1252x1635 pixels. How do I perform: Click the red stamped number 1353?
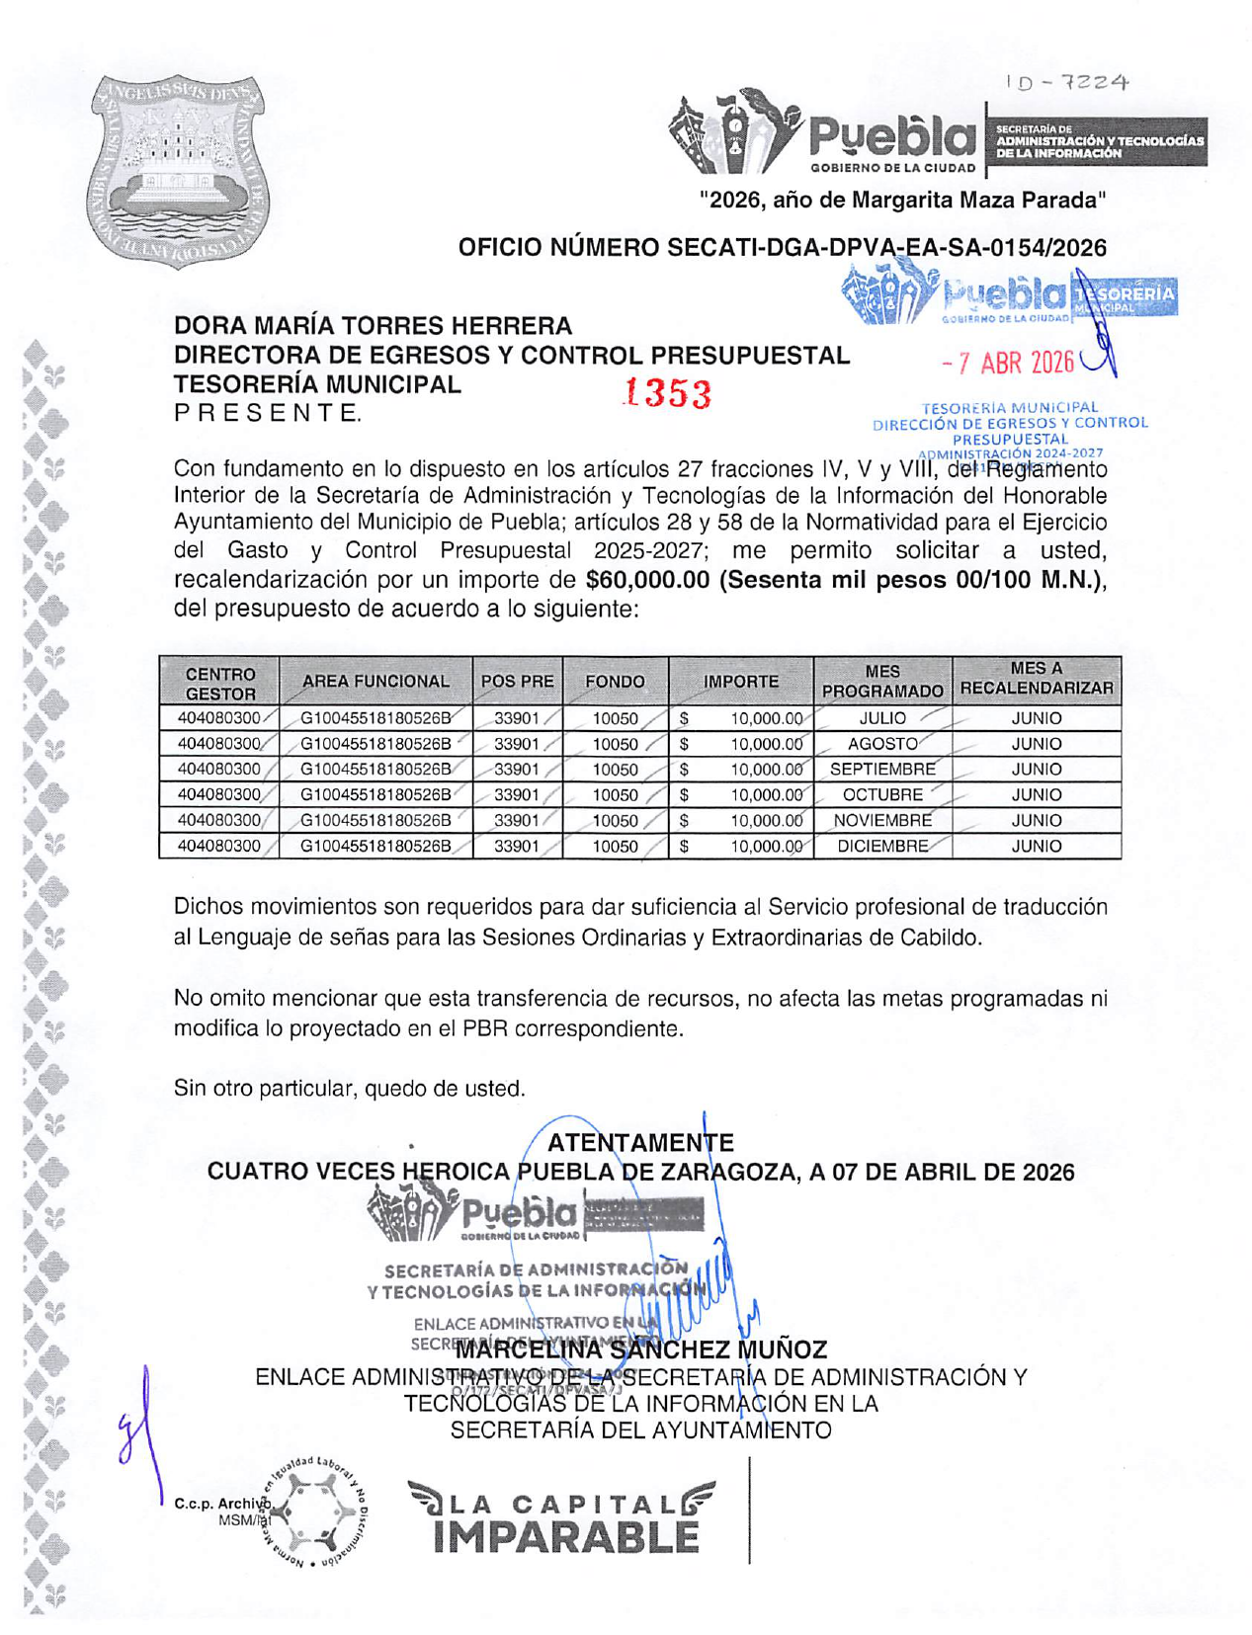[x=667, y=393]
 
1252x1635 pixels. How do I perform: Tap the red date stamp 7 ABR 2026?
[x=1008, y=363]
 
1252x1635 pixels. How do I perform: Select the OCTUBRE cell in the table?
[x=881, y=794]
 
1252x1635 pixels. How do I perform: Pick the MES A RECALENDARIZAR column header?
[x=1036, y=679]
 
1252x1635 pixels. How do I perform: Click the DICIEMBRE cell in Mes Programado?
[x=881, y=846]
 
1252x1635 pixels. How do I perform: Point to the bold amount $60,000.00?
[x=647, y=580]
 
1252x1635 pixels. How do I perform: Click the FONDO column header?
[x=615, y=681]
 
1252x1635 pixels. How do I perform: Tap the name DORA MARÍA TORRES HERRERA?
[x=373, y=326]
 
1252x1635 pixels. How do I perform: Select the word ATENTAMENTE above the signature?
[x=640, y=1143]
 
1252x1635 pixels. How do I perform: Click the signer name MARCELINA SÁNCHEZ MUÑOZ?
[x=640, y=1349]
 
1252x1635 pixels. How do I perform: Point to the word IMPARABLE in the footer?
[x=565, y=1537]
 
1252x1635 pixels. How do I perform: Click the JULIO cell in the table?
[x=881, y=718]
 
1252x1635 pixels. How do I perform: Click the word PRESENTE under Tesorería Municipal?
[x=267, y=413]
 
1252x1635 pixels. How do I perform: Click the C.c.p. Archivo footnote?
[x=220, y=1504]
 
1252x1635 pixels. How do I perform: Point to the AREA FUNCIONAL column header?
[x=376, y=681]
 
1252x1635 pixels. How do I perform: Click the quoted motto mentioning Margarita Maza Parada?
[x=902, y=201]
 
